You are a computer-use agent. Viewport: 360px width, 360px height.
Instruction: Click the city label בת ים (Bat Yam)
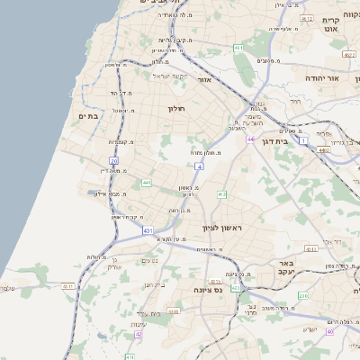[x=87, y=115]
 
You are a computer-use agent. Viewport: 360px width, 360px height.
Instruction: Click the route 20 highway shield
[x=114, y=162]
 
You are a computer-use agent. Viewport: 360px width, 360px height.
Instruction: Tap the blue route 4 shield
[x=198, y=166]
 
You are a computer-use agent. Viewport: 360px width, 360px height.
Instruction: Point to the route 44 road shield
[x=251, y=139]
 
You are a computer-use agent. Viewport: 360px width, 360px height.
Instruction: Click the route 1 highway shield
[x=303, y=140]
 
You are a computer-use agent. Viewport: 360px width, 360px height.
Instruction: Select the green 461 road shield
[x=238, y=47]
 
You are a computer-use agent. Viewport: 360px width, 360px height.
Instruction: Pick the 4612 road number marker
[x=307, y=18]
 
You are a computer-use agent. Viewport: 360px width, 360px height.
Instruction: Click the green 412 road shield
[x=221, y=194]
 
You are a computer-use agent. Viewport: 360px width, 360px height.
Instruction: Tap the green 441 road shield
[x=146, y=183]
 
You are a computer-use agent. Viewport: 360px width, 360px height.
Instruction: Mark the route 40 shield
[x=330, y=331]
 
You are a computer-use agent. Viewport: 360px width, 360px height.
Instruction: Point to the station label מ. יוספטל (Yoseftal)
[x=121, y=111]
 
